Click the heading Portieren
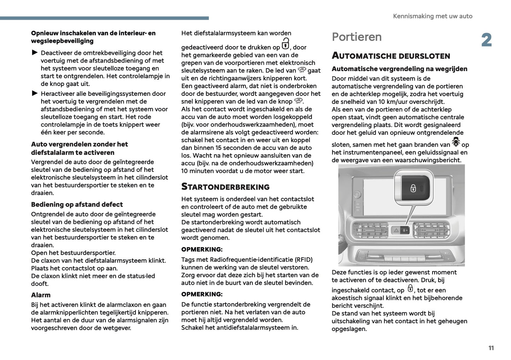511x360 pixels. point(356,37)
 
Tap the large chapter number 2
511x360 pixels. point(487,40)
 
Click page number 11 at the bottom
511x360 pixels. point(491,348)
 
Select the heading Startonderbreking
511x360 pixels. point(225,187)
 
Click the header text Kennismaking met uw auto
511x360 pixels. point(432,16)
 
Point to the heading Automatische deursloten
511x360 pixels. point(391,56)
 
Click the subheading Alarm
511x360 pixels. point(41,295)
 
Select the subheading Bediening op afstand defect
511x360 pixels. point(77,204)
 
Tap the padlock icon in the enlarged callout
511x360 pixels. point(413,188)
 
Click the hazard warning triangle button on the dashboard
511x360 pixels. point(396,231)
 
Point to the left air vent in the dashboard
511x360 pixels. point(369,230)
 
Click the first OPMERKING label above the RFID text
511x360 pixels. point(202,249)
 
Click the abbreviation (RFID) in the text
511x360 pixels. point(301,260)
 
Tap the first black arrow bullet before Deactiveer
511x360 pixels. point(35,53)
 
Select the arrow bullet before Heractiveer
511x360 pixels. point(35,93)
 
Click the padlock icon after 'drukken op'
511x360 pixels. point(285,45)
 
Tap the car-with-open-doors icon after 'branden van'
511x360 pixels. point(456,142)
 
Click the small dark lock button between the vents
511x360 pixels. point(405,231)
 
